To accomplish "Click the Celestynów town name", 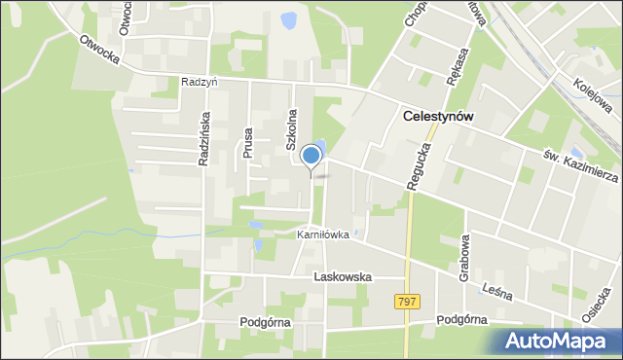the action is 438,116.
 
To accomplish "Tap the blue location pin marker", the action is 311,156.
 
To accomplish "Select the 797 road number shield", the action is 408,303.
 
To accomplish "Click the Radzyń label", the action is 199,83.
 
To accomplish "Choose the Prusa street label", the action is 248,142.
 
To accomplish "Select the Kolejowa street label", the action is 591,94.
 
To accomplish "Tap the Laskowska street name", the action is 343,276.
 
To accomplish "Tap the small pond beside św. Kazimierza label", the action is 577,153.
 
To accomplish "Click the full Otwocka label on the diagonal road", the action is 99,51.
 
